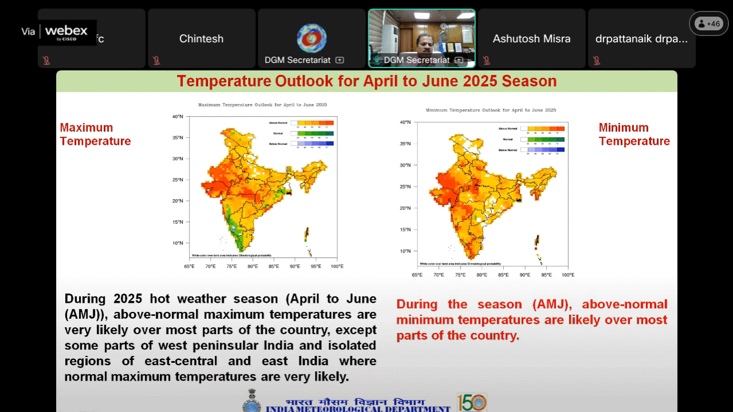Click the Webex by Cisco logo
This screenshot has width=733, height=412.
click(x=66, y=32)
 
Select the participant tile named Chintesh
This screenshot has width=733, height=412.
click(x=201, y=39)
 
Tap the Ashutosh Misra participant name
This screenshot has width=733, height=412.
click(x=531, y=39)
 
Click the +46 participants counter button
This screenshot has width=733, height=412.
click(x=708, y=23)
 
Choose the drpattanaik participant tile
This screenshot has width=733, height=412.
click(x=641, y=39)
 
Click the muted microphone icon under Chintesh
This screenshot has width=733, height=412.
click(x=156, y=60)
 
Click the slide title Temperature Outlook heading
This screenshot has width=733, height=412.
click(x=366, y=81)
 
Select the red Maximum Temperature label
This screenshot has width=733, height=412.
click(x=95, y=134)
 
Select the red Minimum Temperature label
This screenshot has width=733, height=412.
click(x=634, y=134)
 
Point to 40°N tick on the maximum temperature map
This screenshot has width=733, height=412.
click(x=178, y=117)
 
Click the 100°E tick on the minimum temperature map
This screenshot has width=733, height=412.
click(x=568, y=275)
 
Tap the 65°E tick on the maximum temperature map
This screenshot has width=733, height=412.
click(x=189, y=267)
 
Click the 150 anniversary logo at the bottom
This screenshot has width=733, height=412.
click(x=471, y=402)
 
